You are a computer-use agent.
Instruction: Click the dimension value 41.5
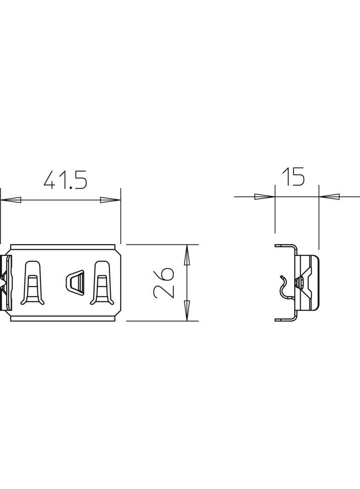65,180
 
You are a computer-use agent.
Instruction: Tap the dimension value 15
293,177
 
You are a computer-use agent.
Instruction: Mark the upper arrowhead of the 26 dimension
187,255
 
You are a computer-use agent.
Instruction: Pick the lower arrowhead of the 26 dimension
187,311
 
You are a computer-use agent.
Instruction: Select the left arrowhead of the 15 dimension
264,197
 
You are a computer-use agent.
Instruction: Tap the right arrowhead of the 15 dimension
329,197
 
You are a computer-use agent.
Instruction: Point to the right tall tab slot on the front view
101,283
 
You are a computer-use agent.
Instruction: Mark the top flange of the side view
286,246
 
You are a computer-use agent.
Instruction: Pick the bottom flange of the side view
286,319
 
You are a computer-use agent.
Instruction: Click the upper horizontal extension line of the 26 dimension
161,244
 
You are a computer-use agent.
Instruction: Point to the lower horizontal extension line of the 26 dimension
161,321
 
